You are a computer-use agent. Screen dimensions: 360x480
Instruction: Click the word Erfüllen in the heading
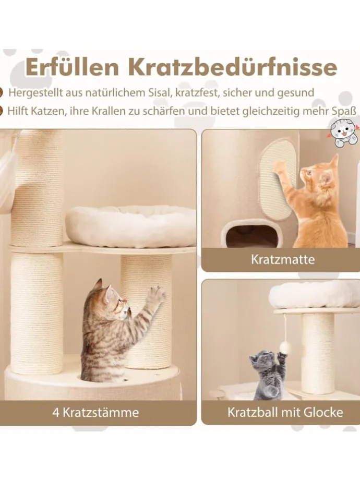[72, 68]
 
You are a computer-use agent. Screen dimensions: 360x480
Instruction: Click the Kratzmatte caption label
[283, 260]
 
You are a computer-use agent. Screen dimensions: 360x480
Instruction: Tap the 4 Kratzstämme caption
[95, 412]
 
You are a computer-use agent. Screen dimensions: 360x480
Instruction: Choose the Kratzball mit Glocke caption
[285, 412]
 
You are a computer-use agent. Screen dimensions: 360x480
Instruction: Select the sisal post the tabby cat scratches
[147, 312]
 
